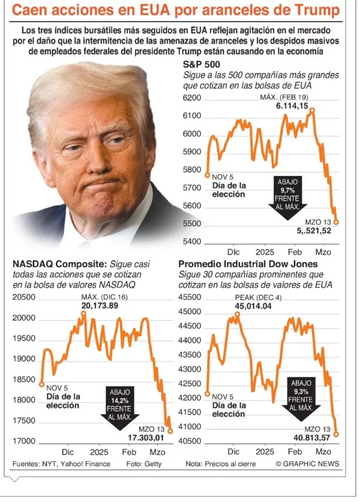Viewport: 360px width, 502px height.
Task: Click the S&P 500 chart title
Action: (x=201, y=65)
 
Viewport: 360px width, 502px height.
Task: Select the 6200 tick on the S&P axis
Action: (x=192, y=97)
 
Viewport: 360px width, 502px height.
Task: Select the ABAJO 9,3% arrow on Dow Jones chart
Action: (x=301, y=398)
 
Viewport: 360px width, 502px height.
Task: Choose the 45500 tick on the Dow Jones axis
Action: (x=190, y=297)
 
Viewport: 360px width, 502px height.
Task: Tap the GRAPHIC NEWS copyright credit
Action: (x=307, y=464)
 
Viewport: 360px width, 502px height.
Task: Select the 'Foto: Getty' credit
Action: (x=143, y=464)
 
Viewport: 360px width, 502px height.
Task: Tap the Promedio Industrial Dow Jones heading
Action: (x=248, y=264)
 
